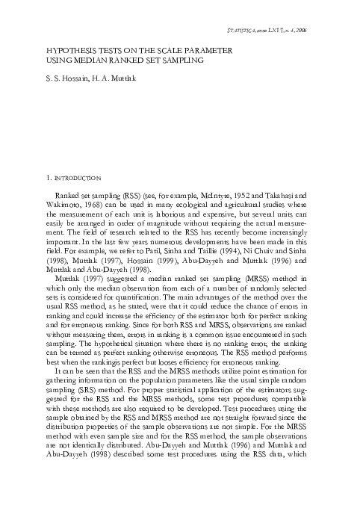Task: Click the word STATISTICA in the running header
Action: [x=243, y=31]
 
